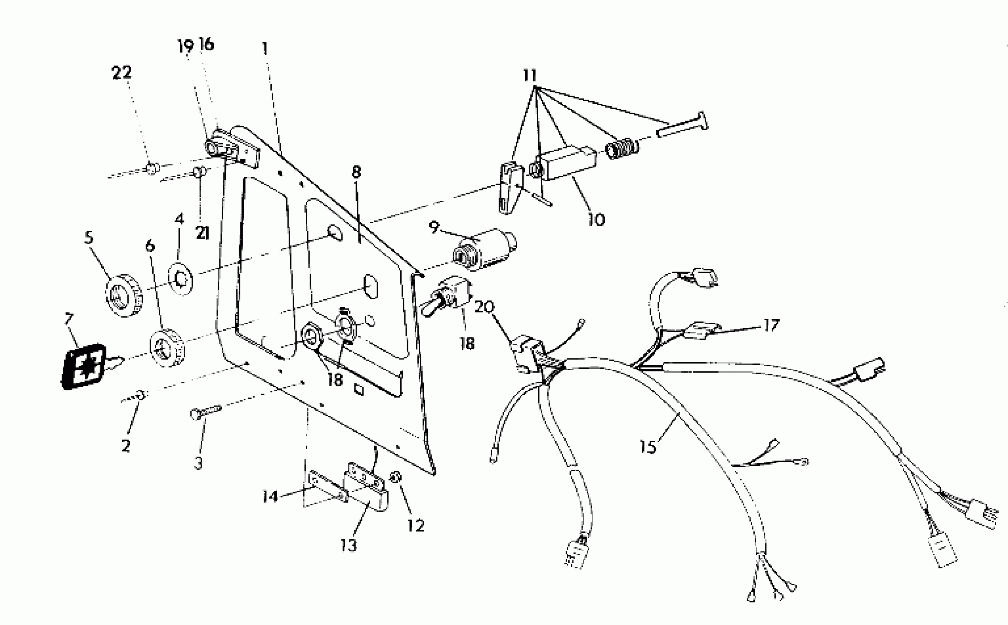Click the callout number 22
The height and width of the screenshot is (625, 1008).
(x=122, y=73)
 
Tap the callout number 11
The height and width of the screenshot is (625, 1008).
(x=530, y=76)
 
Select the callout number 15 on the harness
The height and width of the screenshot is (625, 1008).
(x=648, y=446)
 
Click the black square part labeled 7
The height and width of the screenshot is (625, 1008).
(x=84, y=366)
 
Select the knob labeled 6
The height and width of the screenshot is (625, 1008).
(x=167, y=348)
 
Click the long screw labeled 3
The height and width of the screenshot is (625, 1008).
(x=205, y=411)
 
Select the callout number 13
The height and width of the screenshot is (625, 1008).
(x=349, y=546)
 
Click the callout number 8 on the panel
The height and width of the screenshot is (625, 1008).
(x=356, y=172)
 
